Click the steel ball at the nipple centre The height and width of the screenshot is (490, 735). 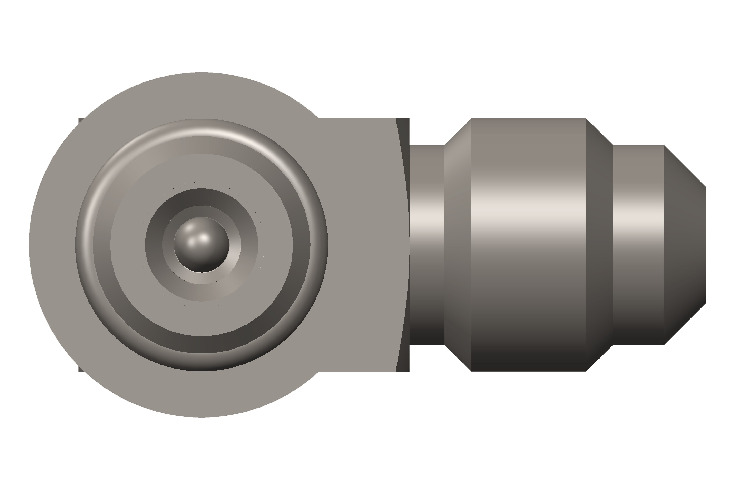tap(201, 245)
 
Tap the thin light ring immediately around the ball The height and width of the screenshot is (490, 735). tap(202, 278)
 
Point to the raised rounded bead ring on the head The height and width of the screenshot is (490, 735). tap(202, 127)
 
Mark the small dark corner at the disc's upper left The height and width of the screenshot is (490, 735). tap(81, 120)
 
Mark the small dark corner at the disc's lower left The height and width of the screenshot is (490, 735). tap(81, 369)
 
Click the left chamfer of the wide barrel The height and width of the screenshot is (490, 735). tap(458, 266)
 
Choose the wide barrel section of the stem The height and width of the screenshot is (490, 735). tap(528, 281)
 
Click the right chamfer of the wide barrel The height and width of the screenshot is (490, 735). tap(599, 266)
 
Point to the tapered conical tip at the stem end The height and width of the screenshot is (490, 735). tap(684, 245)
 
